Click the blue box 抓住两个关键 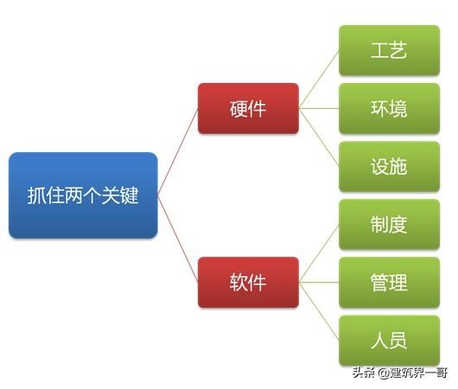[x=83, y=195]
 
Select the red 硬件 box [x=248, y=108]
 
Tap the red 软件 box [x=248, y=282]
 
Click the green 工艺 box [x=388, y=50]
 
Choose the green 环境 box [x=388, y=108]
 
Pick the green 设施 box [x=388, y=166]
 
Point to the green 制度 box [x=388, y=225]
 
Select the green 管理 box [x=388, y=283]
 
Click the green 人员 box [x=388, y=341]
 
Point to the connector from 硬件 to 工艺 [x=319, y=80]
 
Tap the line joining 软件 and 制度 [x=319, y=253]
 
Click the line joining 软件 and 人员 [x=319, y=311]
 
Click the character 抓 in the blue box [x=35, y=195]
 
